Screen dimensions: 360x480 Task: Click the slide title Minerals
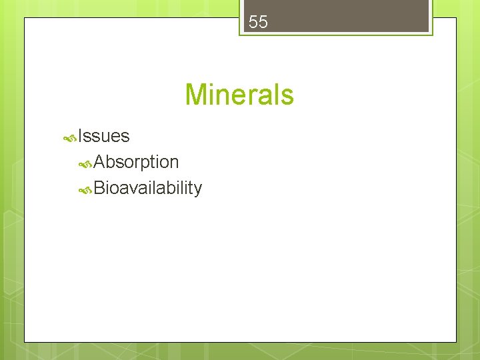[x=239, y=95]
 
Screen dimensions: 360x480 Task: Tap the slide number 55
[x=258, y=22]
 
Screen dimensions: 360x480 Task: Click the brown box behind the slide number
[x=373, y=17]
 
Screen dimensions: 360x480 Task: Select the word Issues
[x=103, y=136]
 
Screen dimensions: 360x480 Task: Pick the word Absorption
[x=136, y=162]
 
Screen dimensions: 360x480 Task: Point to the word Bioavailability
[x=147, y=189]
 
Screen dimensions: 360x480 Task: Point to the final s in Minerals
[x=287, y=96]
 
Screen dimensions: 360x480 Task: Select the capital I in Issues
[x=80, y=136]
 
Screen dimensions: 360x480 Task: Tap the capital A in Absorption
[x=100, y=162]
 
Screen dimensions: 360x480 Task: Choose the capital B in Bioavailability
[x=100, y=189]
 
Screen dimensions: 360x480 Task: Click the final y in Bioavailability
[x=197, y=191]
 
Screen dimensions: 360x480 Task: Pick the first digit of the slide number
[x=253, y=22]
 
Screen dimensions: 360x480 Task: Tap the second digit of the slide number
[x=263, y=22]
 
